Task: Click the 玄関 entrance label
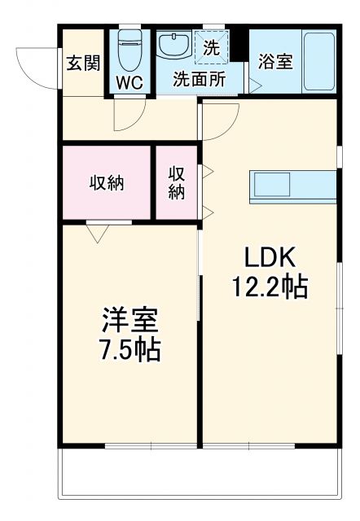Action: pos(81,63)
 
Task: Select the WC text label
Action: pos(130,82)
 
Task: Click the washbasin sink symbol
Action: pos(173,46)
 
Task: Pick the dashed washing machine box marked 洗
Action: pos(212,47)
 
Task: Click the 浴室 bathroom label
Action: pos(275,63)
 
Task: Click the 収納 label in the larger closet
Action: pos(106,182)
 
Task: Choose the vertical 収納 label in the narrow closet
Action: pos(177,182)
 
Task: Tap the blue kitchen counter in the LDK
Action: pos(292,186)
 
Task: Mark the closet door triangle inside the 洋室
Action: pos(98,234)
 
